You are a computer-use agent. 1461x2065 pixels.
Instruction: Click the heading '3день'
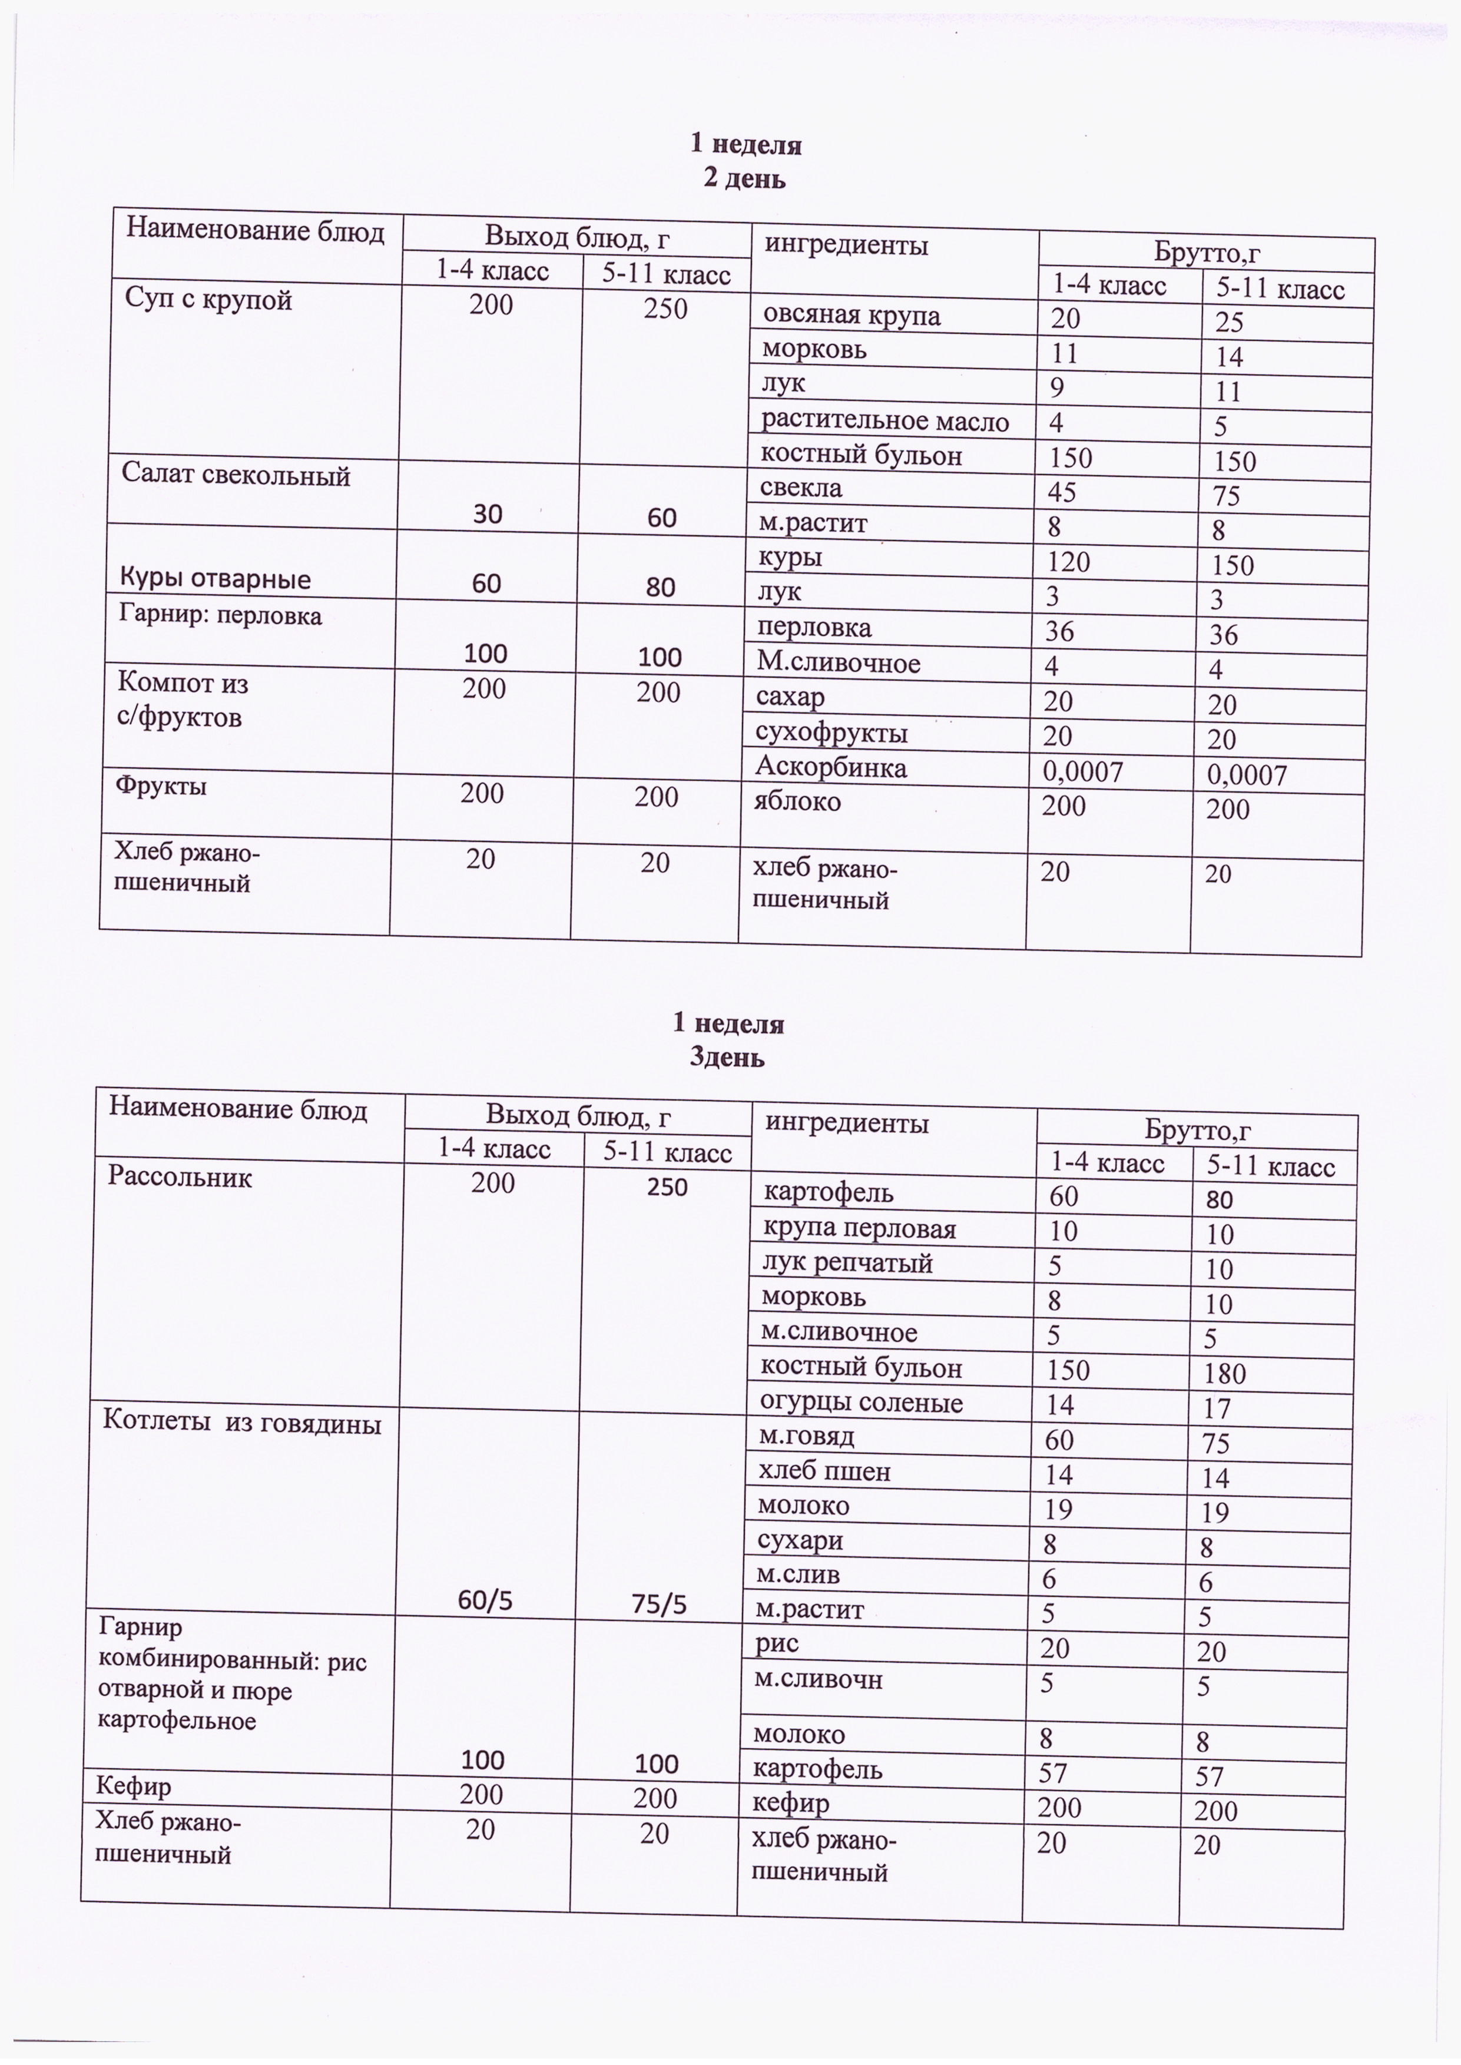point(727,1058)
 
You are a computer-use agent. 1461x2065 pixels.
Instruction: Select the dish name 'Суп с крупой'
point(208,300)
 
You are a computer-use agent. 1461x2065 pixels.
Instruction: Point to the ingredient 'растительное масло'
point(884,421)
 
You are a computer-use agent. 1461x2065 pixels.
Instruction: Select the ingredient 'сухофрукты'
point(831,733)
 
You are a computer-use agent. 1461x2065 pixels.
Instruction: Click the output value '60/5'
point(486,1601)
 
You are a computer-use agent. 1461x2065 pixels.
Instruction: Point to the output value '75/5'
point(658,1605)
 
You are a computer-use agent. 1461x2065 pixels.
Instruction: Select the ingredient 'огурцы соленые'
point(861,1402)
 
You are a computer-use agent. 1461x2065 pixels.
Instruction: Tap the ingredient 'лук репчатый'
point(847,1263)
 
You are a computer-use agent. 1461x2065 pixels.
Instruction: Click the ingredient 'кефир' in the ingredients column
point(791,1804)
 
